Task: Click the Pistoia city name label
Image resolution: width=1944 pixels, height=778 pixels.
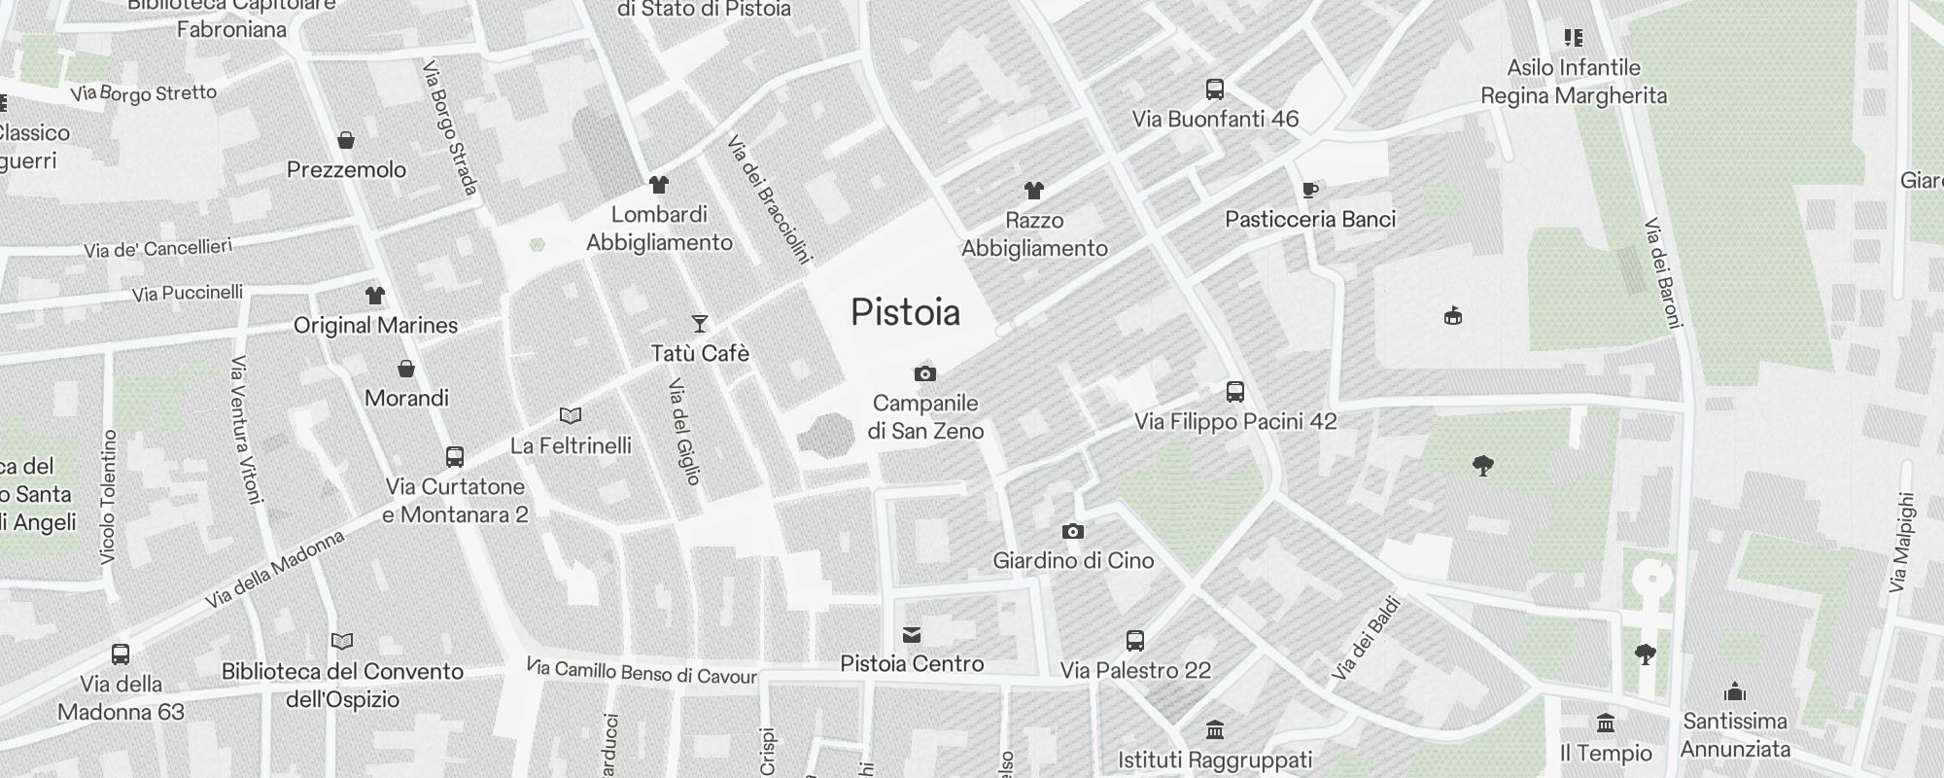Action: tap(905, 313)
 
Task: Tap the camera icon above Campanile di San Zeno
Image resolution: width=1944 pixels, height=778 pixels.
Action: tap(925, 373)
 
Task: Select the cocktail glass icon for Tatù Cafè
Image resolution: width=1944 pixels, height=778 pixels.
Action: tap(699, 324)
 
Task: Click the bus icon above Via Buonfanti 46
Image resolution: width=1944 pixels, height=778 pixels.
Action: tap(1214, 89)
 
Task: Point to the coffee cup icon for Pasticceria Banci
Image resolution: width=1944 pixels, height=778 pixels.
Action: tap(1310, 190)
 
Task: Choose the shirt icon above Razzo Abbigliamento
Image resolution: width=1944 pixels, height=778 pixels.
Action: tap(1033, 191)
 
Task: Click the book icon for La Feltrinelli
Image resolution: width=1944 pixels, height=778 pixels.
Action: tap(571, 416)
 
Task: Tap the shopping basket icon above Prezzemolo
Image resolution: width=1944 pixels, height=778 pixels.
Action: tap(346, 141)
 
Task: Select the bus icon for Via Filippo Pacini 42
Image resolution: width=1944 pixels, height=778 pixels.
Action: tap(1234, 392)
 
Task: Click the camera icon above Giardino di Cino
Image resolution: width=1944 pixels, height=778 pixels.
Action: tap(1072, 531)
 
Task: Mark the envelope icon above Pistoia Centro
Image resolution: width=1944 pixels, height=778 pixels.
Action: tap(912, 635)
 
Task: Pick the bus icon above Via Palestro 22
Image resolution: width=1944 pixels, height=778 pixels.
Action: tap(1135, 641)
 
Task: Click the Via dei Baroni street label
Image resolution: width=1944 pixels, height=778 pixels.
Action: tap(1662, 273)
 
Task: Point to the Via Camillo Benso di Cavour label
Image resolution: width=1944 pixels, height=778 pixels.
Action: tap(642, 672)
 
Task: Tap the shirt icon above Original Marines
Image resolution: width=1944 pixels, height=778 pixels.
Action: tap(375, 296)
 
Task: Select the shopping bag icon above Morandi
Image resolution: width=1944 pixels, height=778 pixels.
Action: tap(406, 369)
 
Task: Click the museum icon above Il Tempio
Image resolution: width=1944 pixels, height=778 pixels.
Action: tap(1605, 724)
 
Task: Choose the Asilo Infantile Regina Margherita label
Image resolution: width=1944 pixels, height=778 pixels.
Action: tap(1573, 82)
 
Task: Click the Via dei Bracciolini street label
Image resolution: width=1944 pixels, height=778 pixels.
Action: tap(768, 199)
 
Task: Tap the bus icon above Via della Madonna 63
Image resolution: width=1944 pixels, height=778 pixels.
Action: tap(121, 654)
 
